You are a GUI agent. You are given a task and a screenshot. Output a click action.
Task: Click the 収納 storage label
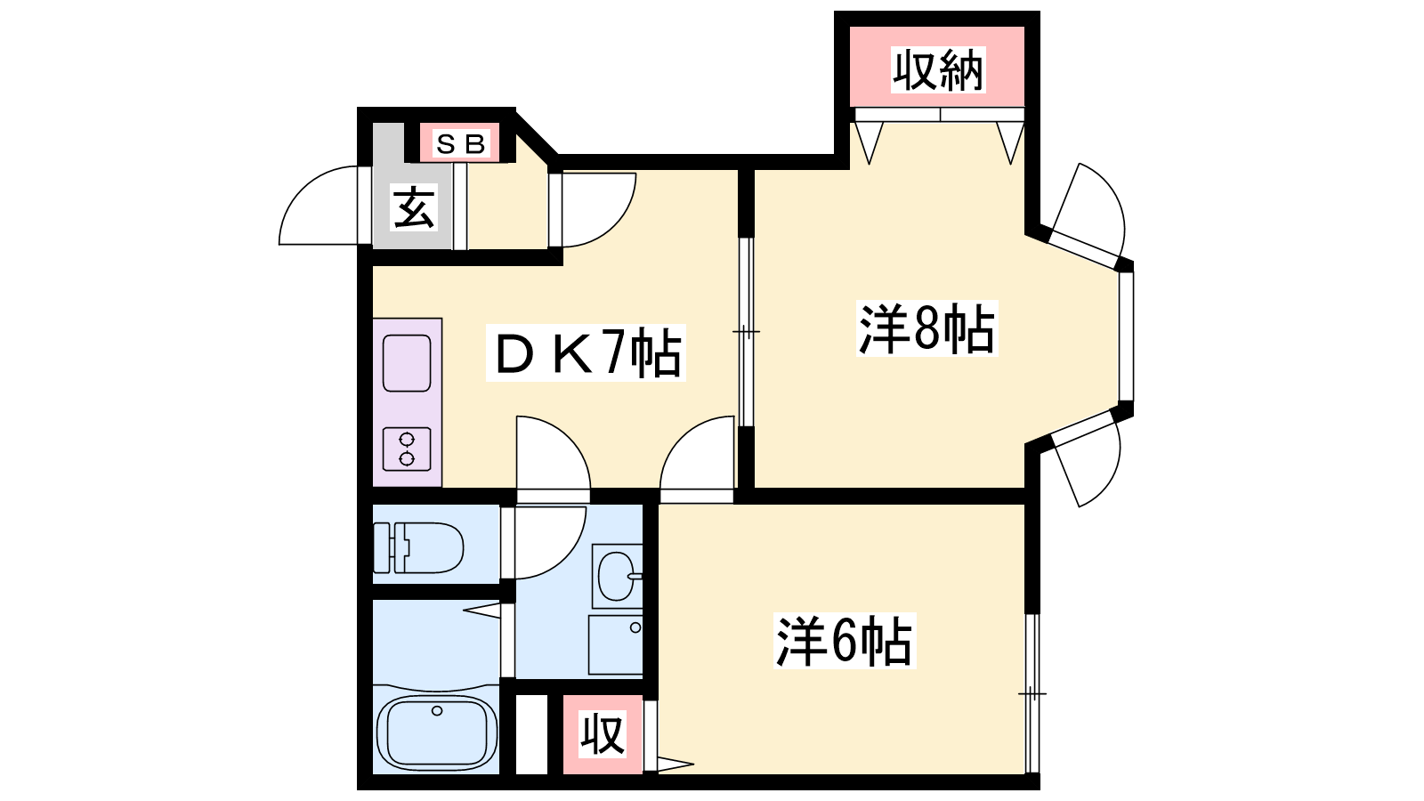[x=938, y=70]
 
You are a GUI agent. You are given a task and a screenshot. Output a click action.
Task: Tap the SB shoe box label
[x=460, y=143]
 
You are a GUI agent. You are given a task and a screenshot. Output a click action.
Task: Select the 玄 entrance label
[x=414, y=207]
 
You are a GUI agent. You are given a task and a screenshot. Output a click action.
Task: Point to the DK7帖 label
[x=587, y=352]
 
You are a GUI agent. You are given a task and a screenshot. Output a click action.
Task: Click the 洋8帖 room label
[x=926, y=328]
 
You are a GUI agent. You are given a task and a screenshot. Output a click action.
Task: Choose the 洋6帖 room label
[x=845, y=640]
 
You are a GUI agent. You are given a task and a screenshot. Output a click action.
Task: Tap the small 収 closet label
[x=603, y=734]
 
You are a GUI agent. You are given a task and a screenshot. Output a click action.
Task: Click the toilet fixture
[x=418, y=547]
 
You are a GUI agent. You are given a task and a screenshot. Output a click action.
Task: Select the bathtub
[x=437, y=733]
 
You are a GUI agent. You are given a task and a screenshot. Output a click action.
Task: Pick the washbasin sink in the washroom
[x=618, y=576]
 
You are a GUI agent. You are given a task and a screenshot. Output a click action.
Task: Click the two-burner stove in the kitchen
[x=407, y=449]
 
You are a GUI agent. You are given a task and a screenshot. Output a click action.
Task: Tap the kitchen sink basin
[x=407, y=363]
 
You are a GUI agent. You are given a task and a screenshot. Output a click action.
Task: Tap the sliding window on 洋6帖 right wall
[x=1032, y=693]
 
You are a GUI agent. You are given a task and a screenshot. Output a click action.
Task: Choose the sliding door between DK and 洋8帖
[x=747, y=332]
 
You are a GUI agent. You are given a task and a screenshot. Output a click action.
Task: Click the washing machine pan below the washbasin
[x=615, y=644]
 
